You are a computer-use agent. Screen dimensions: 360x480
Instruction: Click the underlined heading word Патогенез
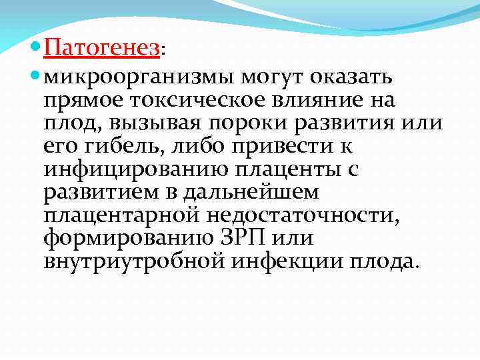coord(103,49)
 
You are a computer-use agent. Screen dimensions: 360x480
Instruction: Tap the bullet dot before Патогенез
coord(36,49)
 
